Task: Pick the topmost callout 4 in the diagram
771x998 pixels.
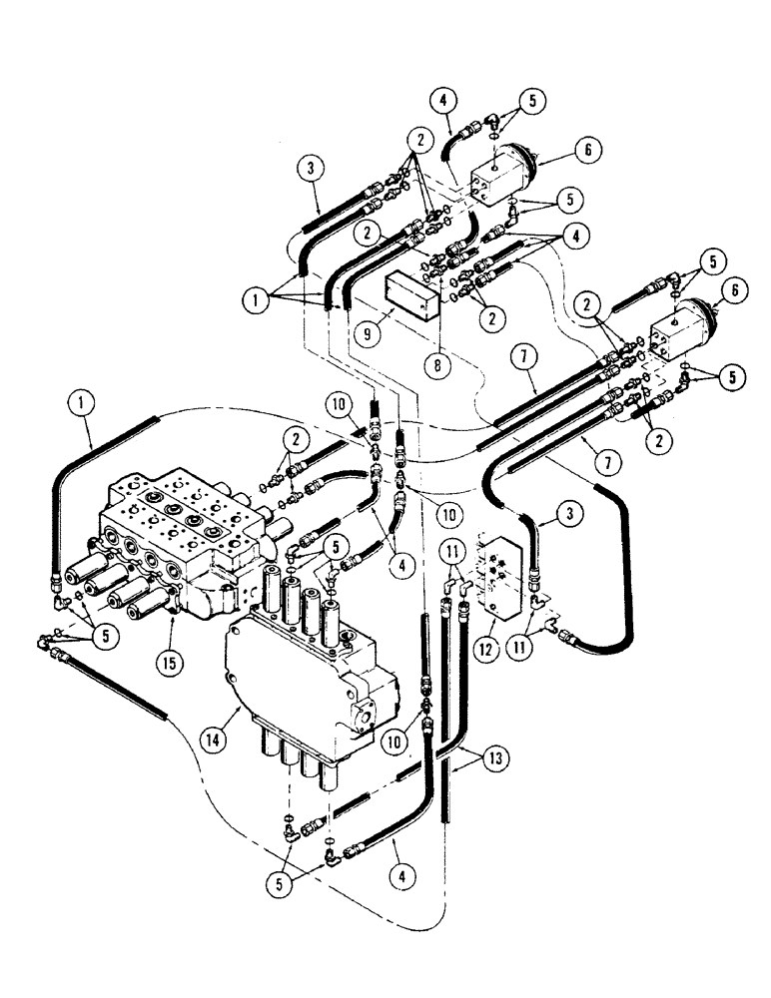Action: [x=445, y=99]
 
